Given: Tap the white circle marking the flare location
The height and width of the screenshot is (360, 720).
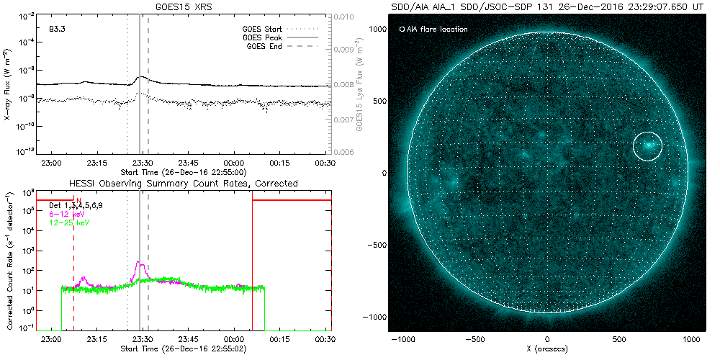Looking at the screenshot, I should click(x=647, y=145).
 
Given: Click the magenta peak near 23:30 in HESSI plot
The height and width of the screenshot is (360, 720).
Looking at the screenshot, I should click(x=141, y=266).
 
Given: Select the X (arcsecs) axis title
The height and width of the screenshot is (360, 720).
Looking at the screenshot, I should click(x=547, y=348).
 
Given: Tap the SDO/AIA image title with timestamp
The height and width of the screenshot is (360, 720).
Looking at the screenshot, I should click(x=546, y=6).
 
